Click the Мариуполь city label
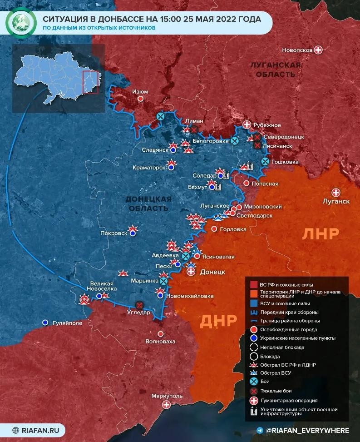(x=167, y=396)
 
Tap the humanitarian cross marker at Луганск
(x=336, y=192)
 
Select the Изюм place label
(x=140, y=91)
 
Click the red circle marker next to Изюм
(x=141, y=99)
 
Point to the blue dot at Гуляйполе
(x=45, y=322)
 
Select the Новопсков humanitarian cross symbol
(x=319, y=50)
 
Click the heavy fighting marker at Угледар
(x=139, y=305)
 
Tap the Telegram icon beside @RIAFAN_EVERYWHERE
(x=260, y=430)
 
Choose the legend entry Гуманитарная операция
(x=289, y=400)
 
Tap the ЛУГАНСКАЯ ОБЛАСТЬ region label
(x=275, y=70)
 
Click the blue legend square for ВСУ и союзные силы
(x=254, y=303)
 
